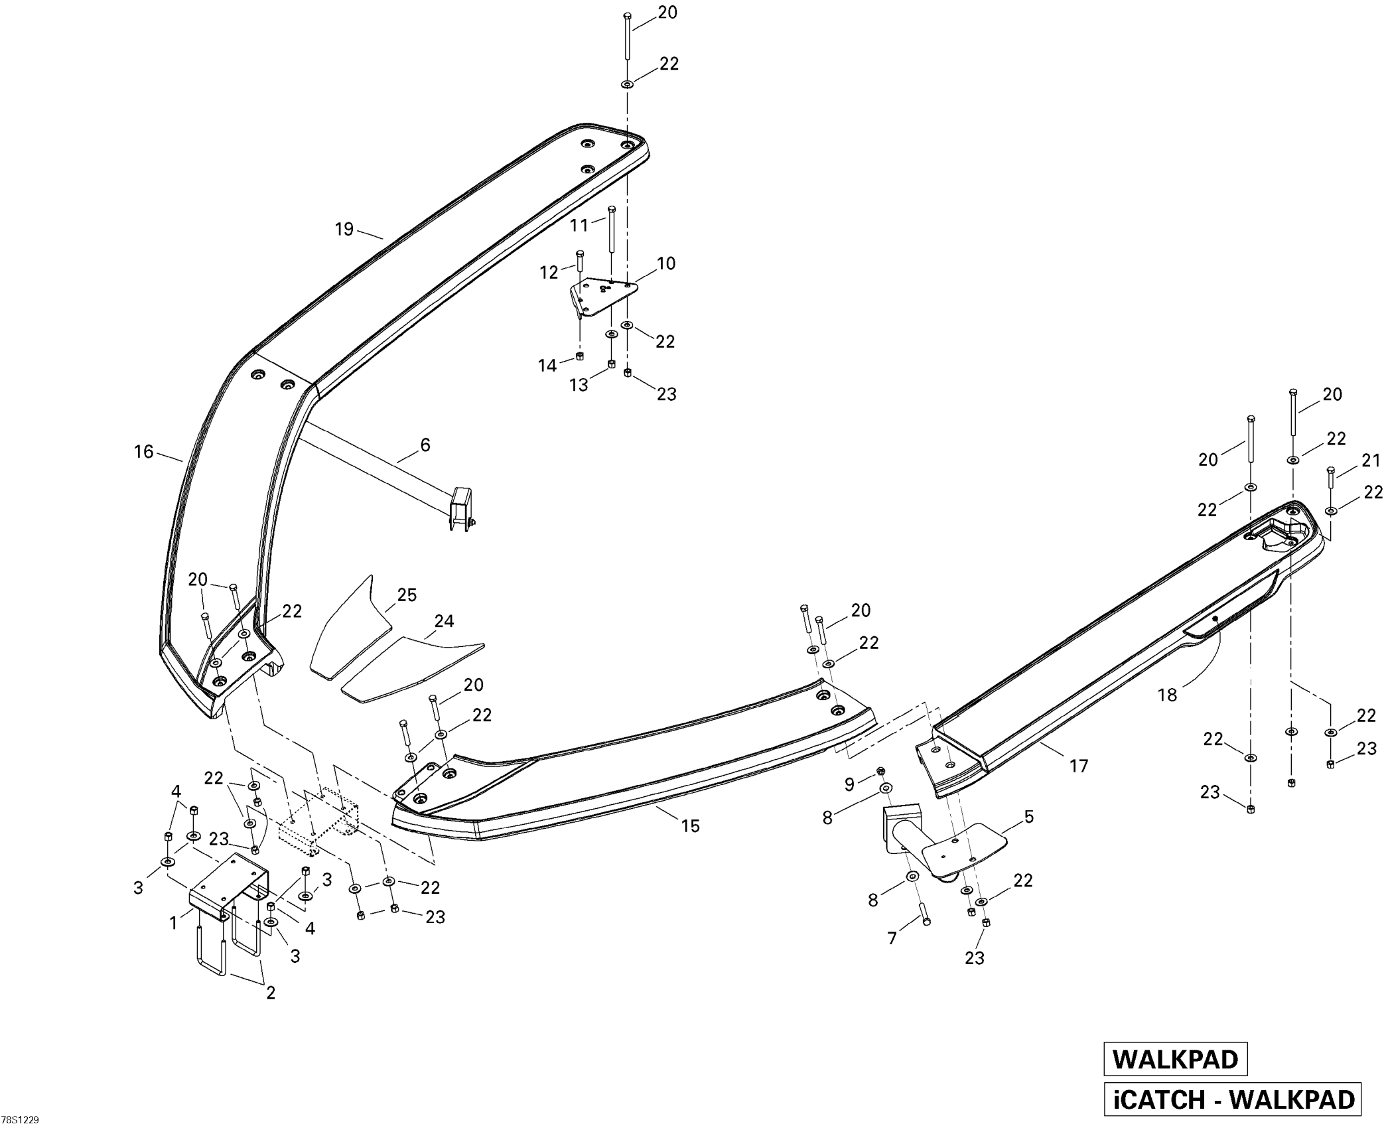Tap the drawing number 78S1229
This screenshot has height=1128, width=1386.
pyautogui.click(x=20, y=1120)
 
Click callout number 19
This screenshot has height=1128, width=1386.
pyautogui.click(x=344, y=230)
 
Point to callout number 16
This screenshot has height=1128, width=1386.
pyautogui.click(x=144, y=452)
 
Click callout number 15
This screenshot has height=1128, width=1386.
pyautogui.click(x=691, y=825)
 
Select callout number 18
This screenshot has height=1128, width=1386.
pyautogui.click(x=1167, y=695)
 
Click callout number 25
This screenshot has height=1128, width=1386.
pyautogui.click(x=407, y=595)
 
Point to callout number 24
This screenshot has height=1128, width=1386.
pyautogui.click(x=444, y=621)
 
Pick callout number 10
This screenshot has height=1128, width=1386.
pyautogui.click(x=666, y=263)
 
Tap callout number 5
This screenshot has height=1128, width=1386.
pyautogui.click(x=1029, y=817)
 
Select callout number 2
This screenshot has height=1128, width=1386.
pyautogui.click(x=271, y=993)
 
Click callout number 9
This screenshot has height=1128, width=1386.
pyautogui.click(x=849, y=785)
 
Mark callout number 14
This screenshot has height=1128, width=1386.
pyautogui.click(x=547, y=366)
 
